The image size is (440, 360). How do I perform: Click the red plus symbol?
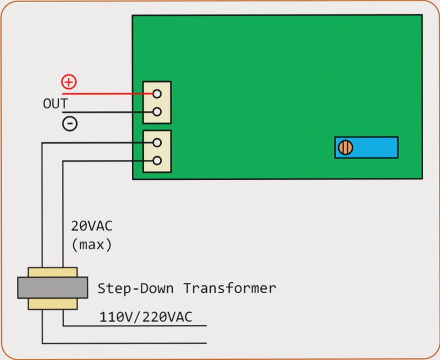[x=69, y=81]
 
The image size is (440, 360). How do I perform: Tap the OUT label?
[x=55, y=104]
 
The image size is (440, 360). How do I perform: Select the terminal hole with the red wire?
[x=156, y=94]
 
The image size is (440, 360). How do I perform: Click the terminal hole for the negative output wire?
[x=156, y=112]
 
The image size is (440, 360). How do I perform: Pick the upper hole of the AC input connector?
[x=156, y=142]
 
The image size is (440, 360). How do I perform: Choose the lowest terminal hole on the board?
[x=156, y=161]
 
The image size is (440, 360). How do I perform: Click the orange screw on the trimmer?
[x=345, y=148]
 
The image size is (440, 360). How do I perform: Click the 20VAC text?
[x=91, y=227]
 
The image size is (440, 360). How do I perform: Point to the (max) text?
[x=91, y=244]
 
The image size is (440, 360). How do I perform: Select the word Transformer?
[x=229, y=288]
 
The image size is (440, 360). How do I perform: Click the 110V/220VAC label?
[x=145, y=317]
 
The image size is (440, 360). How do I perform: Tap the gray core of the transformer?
[x=53, y=288]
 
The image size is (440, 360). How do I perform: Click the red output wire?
[x=105, y=94]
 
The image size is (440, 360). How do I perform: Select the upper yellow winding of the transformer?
[x=53, y=272]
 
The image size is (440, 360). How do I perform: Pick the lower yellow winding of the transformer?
[x=53, y=304]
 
